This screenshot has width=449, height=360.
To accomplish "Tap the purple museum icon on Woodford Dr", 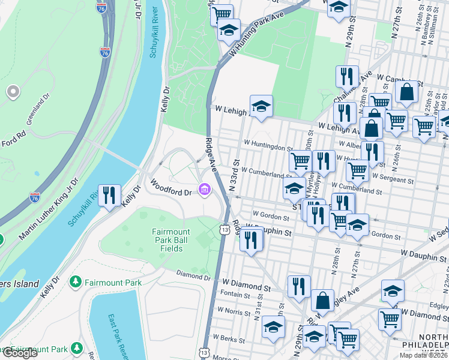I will click(x=205, y=190).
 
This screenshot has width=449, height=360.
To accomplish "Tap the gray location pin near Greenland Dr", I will click(x=13, y=92).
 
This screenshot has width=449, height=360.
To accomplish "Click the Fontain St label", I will click(x=235, y=294).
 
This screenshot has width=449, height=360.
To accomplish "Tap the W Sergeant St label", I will click(x=394, y=179).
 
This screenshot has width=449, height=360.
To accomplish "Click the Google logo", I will click(x=20, y=353).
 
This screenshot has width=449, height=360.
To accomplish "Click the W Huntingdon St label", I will click(x=268, y=146).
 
